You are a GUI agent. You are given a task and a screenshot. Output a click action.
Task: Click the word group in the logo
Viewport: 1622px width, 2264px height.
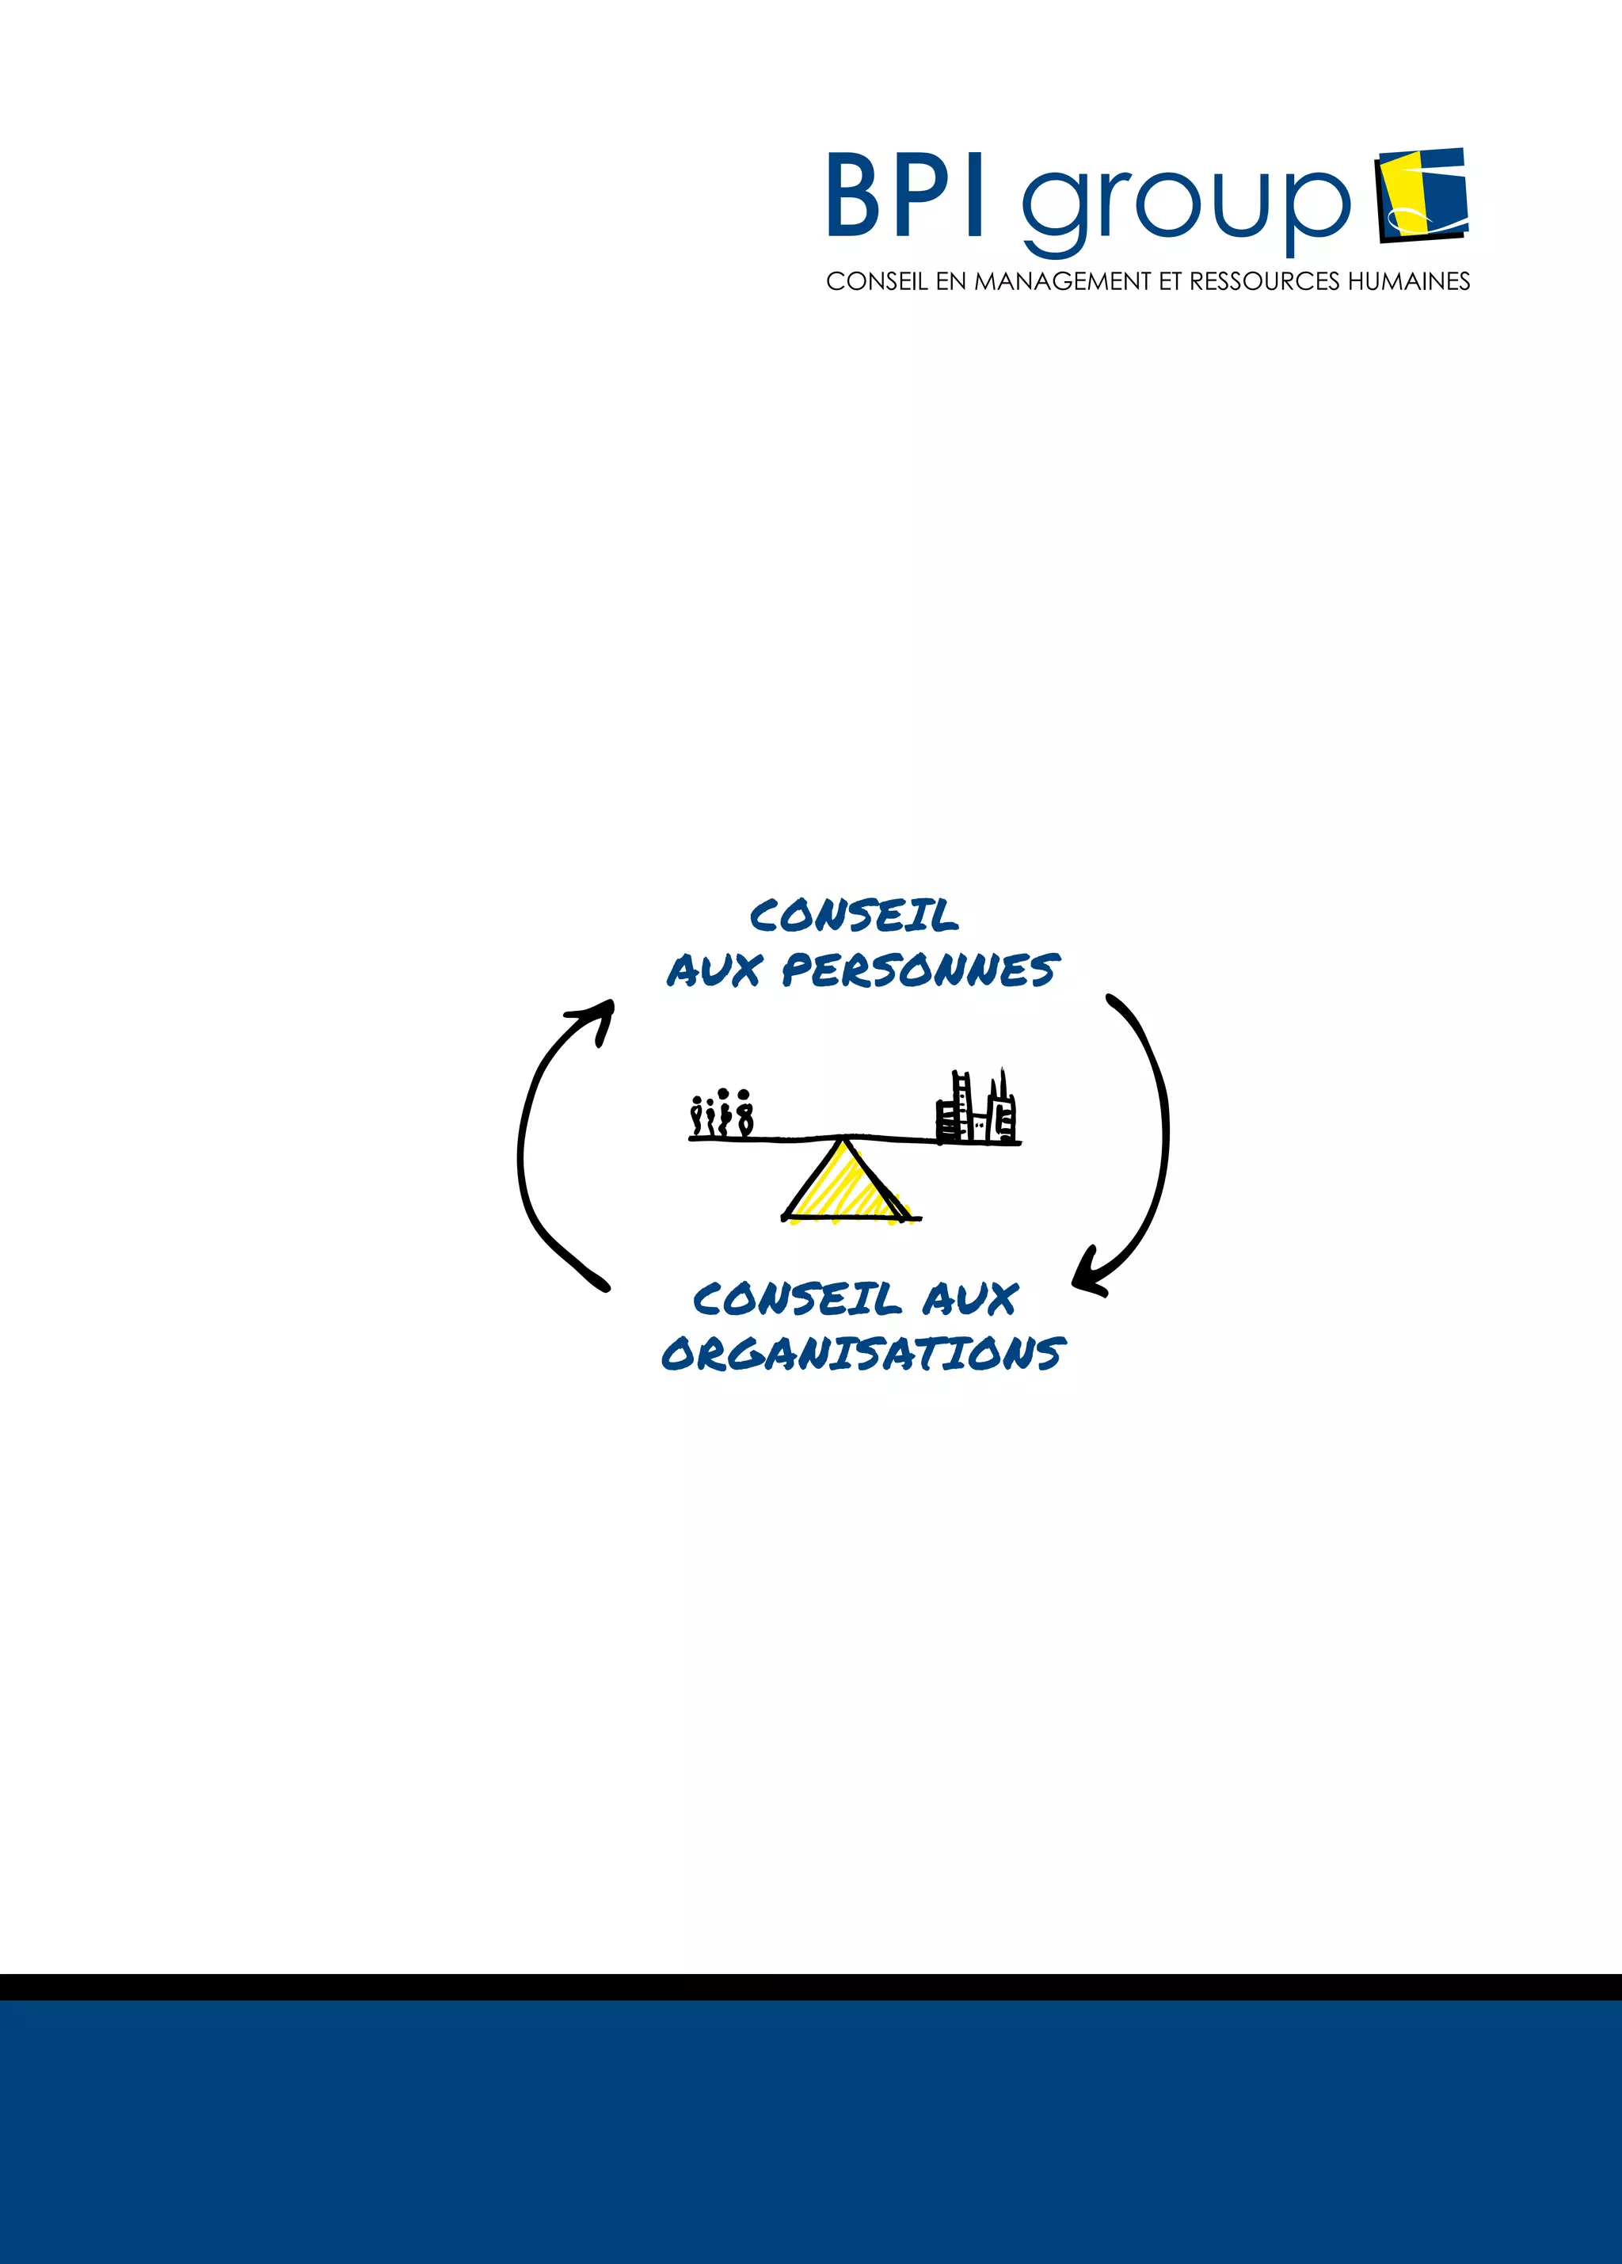1185,204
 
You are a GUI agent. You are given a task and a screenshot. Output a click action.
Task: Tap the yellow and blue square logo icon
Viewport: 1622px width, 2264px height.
1422,195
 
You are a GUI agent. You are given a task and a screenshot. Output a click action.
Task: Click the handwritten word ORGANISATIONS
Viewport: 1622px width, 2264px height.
863,1355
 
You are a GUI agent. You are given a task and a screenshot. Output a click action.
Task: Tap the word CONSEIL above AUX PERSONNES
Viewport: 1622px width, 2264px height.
854,916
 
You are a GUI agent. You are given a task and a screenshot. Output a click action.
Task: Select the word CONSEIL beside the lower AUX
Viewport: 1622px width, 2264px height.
797,1300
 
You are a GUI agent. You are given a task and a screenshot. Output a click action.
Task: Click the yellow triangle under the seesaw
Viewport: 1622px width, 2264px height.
844,1185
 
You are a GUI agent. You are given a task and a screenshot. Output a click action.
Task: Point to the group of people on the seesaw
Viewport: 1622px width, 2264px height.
722,1114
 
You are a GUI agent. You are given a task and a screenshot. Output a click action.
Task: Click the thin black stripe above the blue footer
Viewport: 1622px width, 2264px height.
810,1987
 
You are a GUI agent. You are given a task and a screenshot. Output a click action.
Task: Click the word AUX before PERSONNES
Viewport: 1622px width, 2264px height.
714,970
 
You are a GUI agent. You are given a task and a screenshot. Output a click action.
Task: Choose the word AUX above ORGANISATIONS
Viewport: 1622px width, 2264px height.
969,1300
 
